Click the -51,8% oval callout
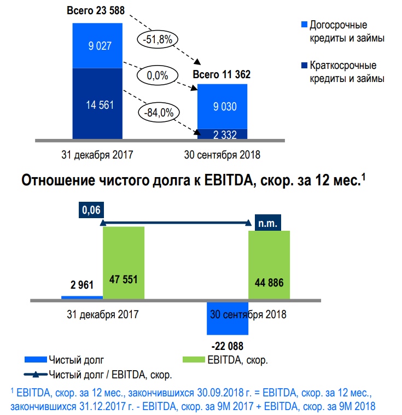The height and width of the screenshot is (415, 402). [x=158, y=39]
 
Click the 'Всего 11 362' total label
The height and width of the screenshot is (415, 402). [x=222, y=75]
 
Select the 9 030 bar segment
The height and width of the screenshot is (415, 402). [x=222, y=106]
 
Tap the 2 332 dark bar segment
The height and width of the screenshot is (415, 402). [x=222, y=133]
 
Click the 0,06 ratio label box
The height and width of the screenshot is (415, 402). [x=91, y=210]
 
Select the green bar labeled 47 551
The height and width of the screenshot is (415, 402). [x=124, y=262]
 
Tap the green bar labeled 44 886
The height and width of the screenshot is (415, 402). [x=270, y=265]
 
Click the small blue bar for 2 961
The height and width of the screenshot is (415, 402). [x=82, y=297]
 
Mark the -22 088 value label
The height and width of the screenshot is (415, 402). [x=227, y=346]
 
